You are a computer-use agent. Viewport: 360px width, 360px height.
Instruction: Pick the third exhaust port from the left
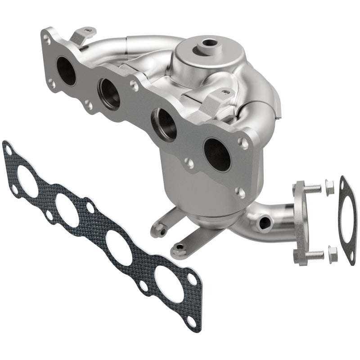pos(164,123)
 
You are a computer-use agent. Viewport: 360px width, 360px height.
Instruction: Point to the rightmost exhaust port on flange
pos(217,154)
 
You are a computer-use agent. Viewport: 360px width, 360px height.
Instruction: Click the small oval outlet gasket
pos(346,218)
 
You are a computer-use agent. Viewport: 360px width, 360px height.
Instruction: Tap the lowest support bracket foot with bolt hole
pos(180,247)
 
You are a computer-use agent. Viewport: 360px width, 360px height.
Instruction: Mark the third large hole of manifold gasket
pos(118,248)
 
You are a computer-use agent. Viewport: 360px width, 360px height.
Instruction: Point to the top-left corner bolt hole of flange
pos(47,40)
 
